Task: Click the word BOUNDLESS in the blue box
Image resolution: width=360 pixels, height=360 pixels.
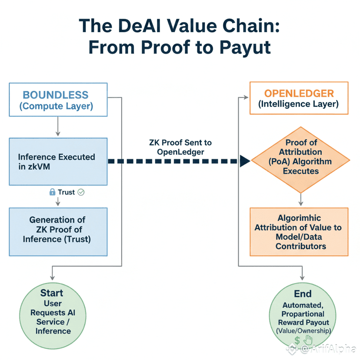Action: pos(55,95)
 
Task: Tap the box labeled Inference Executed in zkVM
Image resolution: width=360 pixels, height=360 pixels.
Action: pos(58,161)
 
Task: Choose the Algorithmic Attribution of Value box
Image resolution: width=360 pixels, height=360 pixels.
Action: pos(299,231)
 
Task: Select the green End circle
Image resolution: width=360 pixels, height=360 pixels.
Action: pos(303,314)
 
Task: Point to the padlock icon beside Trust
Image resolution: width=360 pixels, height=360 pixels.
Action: pos(52,192)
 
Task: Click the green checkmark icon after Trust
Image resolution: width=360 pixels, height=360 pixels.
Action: pos(81,192)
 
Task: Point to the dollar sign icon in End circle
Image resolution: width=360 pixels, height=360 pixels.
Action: pos(297,340)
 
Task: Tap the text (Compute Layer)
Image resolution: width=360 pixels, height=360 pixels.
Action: pos(57,106)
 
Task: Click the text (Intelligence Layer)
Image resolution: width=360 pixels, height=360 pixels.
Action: pos(298,104)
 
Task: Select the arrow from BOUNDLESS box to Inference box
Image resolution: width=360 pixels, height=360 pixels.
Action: pos(58,127)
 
